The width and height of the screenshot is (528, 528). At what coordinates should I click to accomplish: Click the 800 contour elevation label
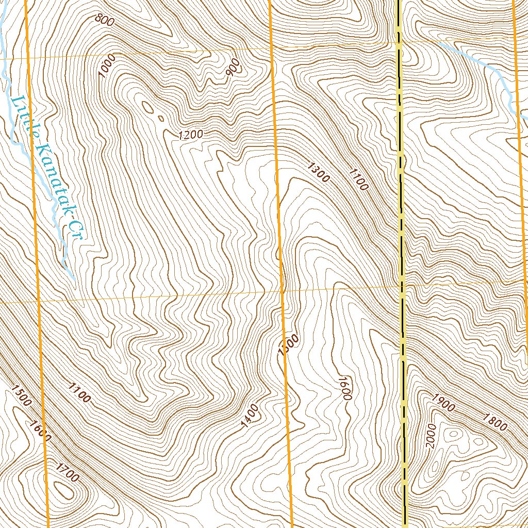(105, 20)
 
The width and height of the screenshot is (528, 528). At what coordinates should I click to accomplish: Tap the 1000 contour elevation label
(108, 65)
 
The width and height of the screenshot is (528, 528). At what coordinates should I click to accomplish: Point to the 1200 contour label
(190, 135)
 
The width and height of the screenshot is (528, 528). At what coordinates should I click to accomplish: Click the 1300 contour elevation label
(318, 172)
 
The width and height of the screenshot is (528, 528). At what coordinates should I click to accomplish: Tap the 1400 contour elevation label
(250, 416)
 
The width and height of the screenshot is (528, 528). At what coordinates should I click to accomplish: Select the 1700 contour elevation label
(68, 472)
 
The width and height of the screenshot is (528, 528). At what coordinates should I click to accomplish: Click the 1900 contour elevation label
(444, 402)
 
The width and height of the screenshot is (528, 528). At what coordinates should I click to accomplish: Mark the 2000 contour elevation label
(432, 436)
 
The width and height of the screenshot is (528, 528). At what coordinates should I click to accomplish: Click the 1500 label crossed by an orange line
(288, 345)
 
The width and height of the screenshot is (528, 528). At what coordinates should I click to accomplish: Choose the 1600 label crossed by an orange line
(40, 430)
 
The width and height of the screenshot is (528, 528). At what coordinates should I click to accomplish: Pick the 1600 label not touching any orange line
(344, 388)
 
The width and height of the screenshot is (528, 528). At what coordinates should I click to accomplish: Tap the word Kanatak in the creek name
(51, 174)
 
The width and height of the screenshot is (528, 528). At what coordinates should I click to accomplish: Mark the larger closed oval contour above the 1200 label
(148, 107)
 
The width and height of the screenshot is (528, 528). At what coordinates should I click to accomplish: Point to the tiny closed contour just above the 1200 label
(160, 118)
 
